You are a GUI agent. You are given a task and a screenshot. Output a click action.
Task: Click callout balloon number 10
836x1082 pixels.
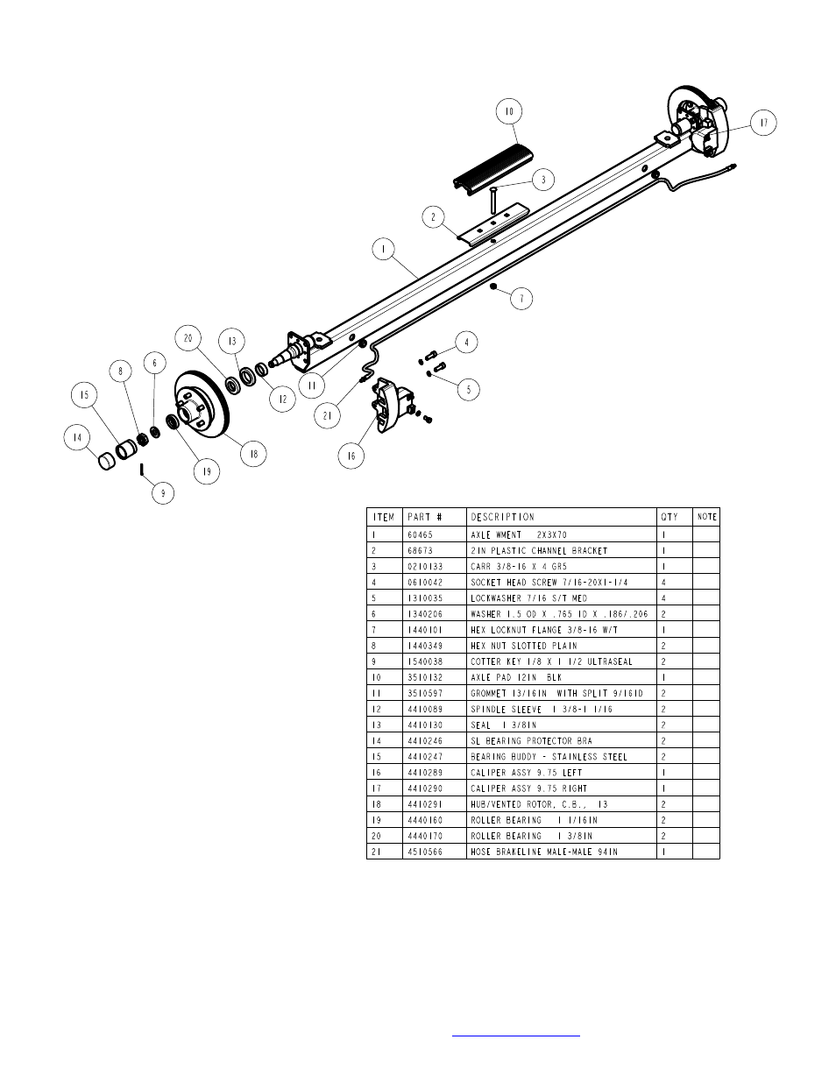(508, 111)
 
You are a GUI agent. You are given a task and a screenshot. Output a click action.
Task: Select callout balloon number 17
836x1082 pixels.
(763, 124)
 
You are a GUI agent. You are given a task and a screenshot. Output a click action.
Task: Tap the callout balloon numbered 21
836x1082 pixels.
(327, 416)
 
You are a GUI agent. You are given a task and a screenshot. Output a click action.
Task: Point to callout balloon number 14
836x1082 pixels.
(78, 437)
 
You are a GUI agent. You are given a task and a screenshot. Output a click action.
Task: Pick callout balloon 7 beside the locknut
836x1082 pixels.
(521, 299)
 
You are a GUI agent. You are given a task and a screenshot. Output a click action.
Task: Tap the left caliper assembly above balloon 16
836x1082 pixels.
(389, 407)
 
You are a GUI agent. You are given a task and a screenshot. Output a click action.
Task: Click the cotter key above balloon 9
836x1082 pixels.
(141, 470)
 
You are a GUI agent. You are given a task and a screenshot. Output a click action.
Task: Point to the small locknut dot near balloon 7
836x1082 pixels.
(494, 286)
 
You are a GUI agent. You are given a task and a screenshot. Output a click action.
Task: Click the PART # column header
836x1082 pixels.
(425, 517)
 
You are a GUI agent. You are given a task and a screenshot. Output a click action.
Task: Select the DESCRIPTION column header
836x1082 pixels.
(502, 517)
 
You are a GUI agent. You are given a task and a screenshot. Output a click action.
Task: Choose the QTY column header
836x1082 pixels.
(670, 517)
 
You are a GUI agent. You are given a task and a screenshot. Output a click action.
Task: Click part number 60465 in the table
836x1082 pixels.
(421, 534)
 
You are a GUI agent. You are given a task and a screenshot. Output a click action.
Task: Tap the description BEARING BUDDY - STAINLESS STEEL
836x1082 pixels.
(549, 757)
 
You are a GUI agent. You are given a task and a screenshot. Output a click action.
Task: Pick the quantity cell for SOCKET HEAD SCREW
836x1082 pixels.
(664, 583)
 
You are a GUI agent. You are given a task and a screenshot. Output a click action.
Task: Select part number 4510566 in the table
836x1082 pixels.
(425, 852)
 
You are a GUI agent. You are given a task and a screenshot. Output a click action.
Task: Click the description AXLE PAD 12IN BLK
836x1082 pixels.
(516, 678)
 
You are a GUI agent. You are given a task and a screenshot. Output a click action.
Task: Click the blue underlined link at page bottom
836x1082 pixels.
(516, 1035)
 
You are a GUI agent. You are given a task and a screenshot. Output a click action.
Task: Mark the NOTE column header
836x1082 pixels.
(706, 517)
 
